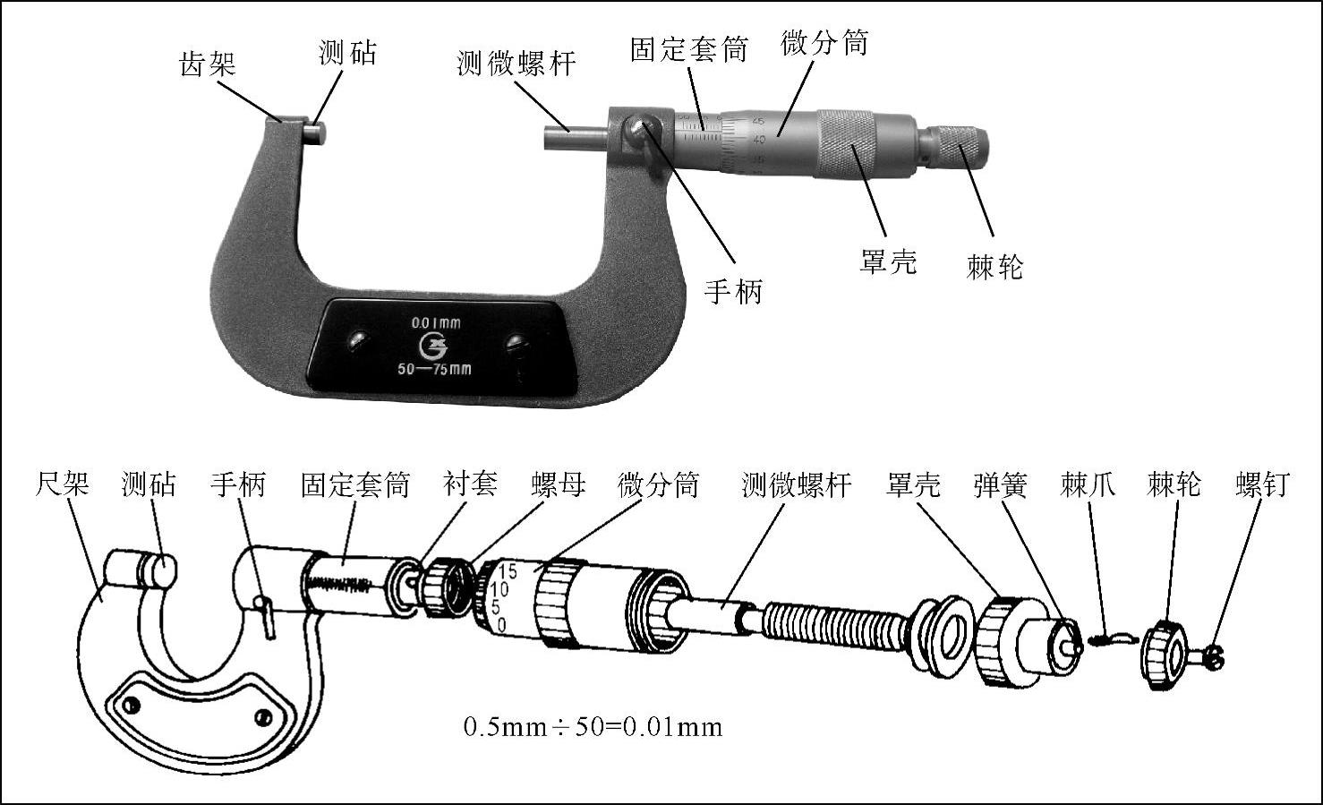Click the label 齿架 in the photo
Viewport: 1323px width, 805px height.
[208, 64]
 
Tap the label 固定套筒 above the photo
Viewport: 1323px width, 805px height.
[689, 49]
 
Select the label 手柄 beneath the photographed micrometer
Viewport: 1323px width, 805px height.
[733, 291]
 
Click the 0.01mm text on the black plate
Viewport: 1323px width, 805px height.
[436, 322]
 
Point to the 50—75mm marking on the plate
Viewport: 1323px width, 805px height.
[435, 370]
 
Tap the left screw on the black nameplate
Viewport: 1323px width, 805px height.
[358, 341]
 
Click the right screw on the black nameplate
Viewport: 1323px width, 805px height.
[516, 343]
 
